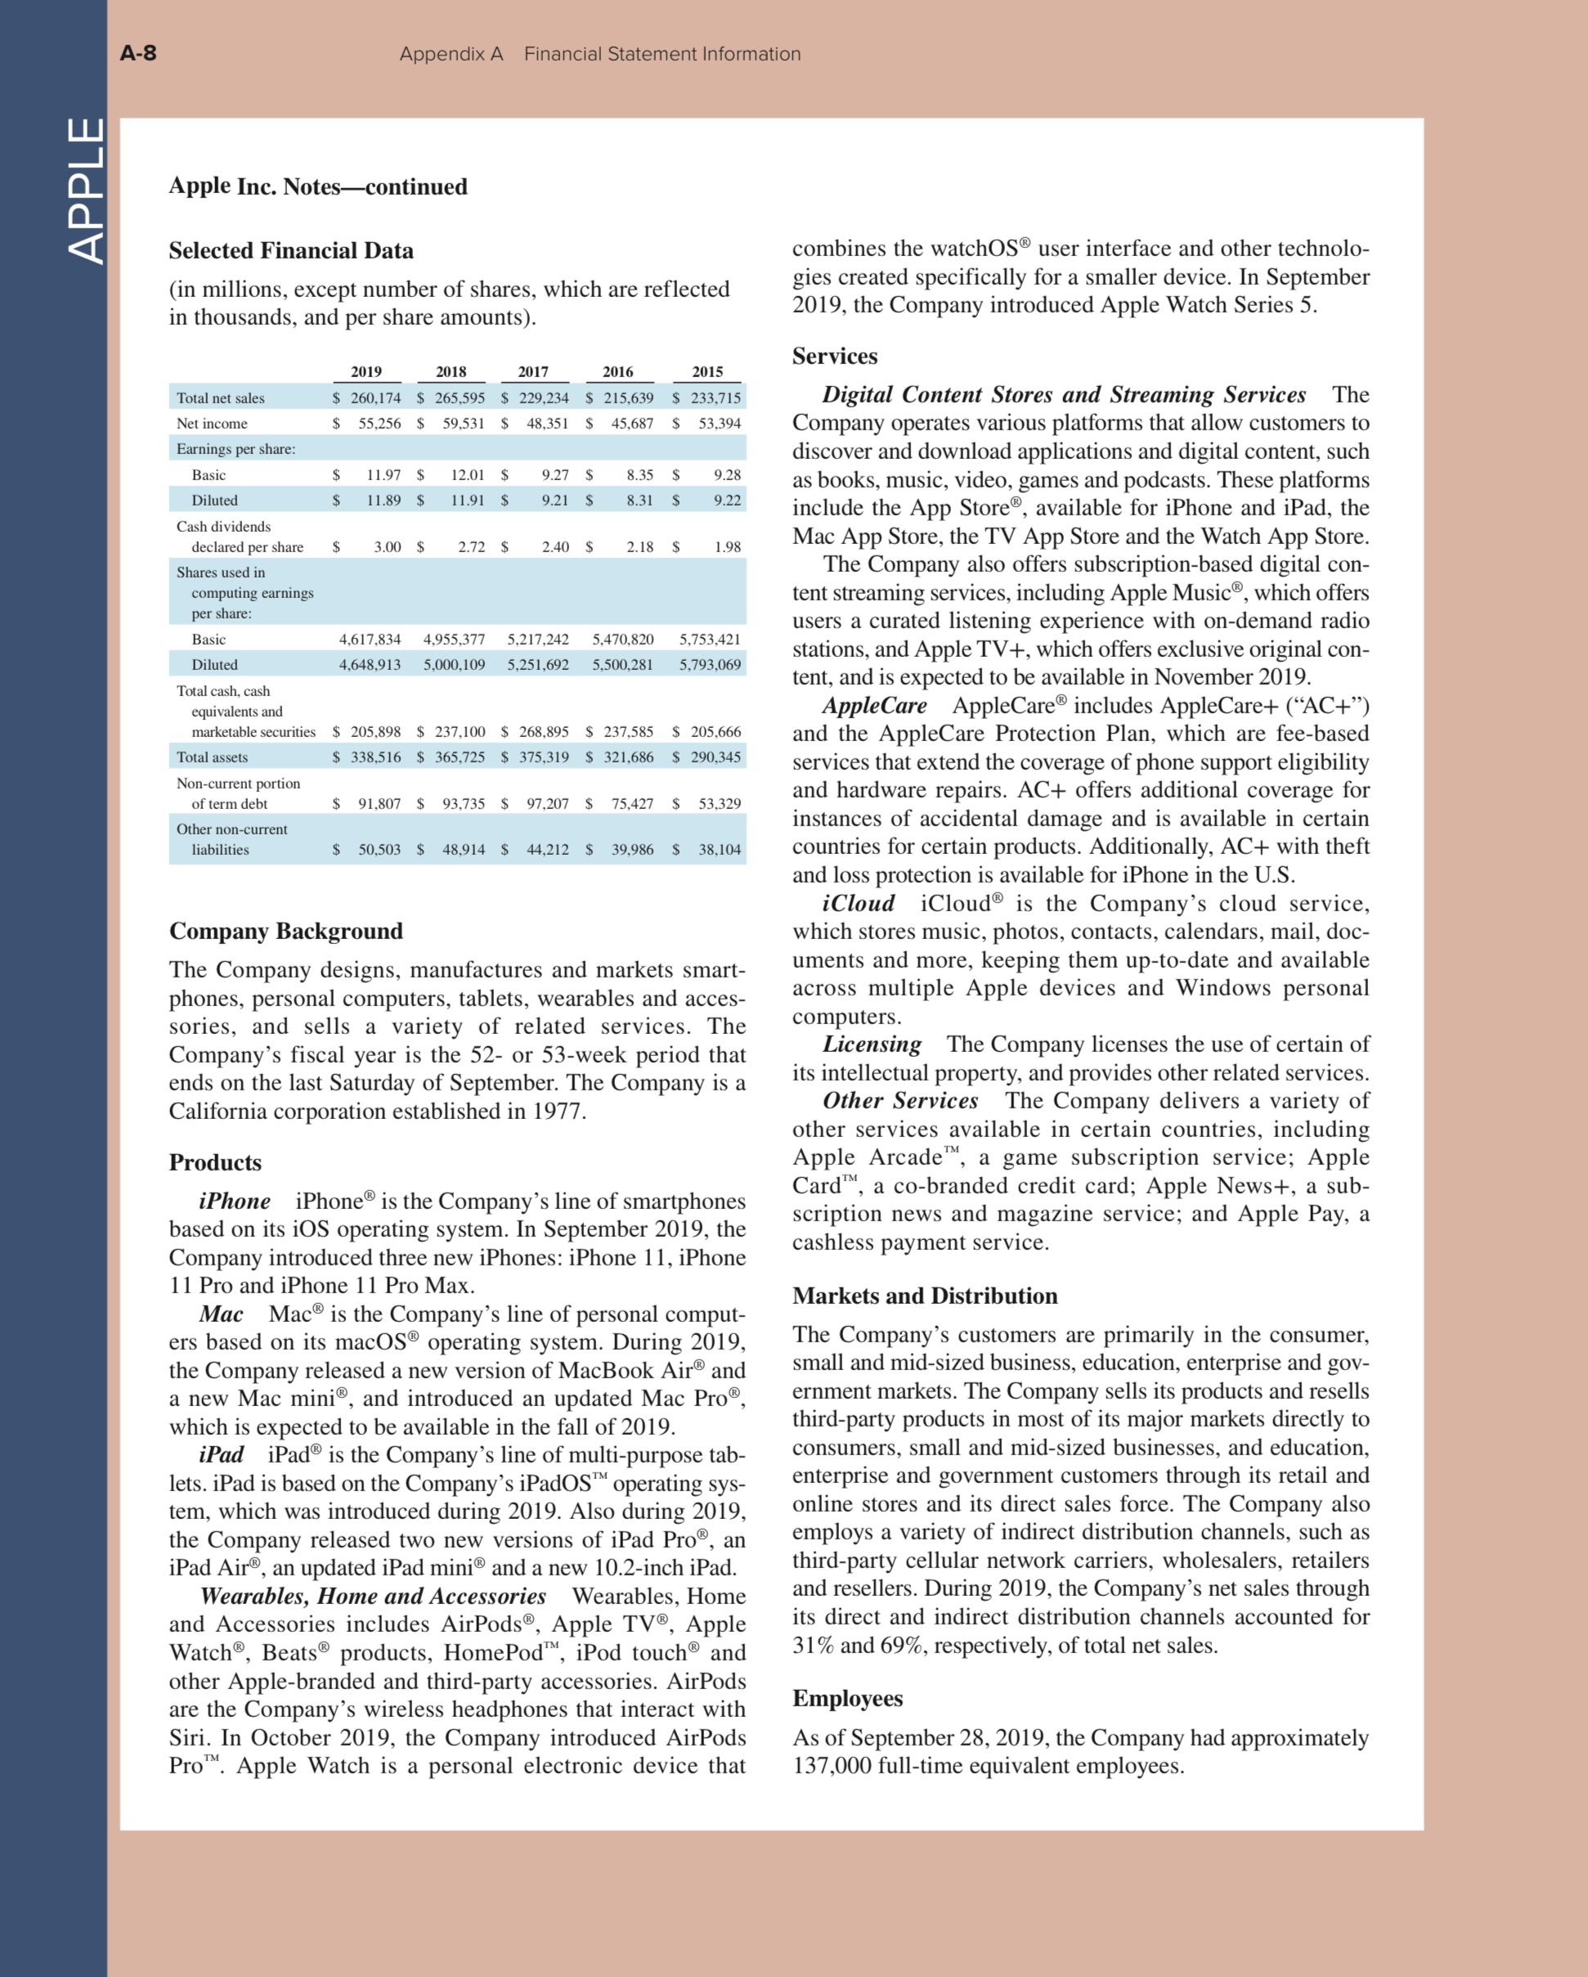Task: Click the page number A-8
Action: (x=138, y=52)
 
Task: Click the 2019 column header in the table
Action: (x=366, y=371)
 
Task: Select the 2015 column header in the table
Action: (x=707, y=371)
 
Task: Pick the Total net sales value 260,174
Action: (x=375, y=398)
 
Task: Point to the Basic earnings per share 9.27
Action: (x=554, y=475)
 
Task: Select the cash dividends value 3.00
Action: (x=387, y=546)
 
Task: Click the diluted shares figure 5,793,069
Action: (x=710, y=665)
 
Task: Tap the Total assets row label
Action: (x=212, y=757)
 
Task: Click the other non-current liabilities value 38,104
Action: (x=719, y=850)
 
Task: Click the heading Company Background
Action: (x=285, y=931)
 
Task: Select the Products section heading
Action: (x=214, y=1163)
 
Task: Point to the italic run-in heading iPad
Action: (x=221, y=1455)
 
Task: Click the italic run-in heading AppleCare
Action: (x=874, y=706)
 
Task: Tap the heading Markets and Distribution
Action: (x=924, y=1296)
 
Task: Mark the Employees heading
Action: (x=847, y=1698)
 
